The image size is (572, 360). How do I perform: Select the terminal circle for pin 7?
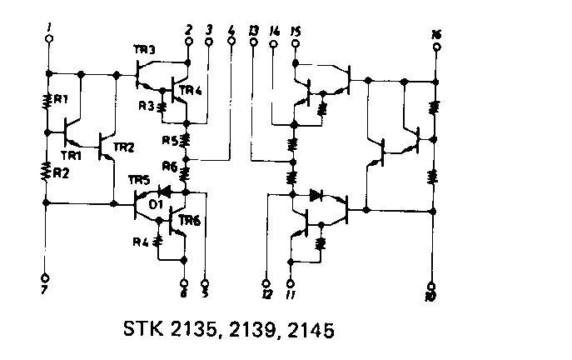click(x=46, y=277)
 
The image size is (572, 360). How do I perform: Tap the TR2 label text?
click(x=122, y=147)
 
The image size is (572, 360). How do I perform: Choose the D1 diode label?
click(x=155, y=202)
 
